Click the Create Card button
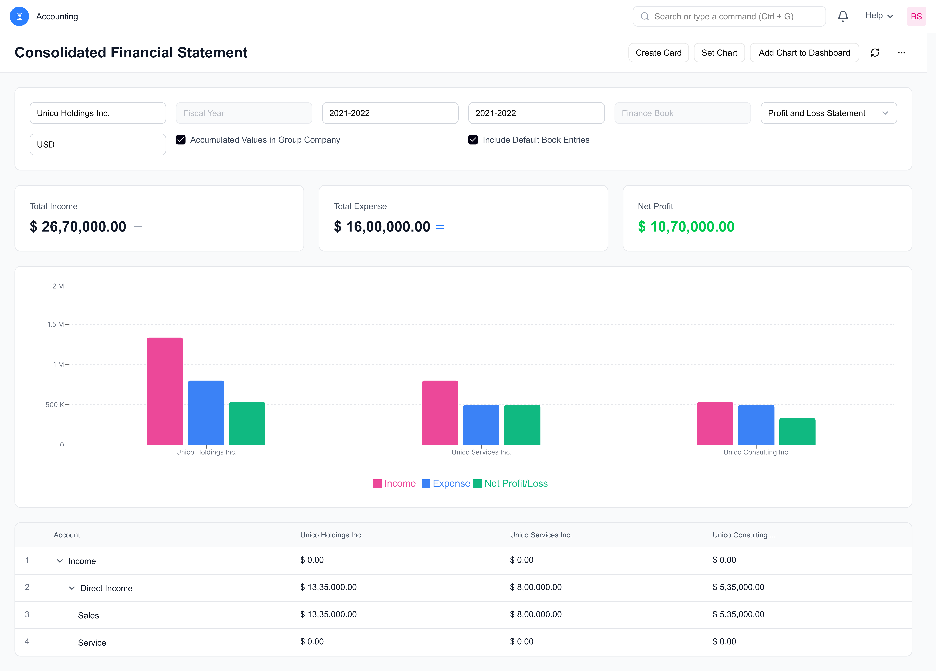(x=658, y=53)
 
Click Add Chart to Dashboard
(x=804, y=53)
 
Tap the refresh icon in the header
(x=875, y=53)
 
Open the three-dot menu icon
(x=901, y=53)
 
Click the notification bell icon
(x=843, y=16)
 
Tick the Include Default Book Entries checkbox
(x=473, y=140)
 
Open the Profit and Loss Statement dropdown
(x=828, y=113)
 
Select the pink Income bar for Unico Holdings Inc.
(x=165, y=391)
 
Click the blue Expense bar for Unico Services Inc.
(x=481, y=425)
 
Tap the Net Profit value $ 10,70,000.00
(x=686, y=227)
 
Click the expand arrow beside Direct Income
(x=72, y=588)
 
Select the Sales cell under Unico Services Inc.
(x=536, y=614)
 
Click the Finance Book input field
(x=682, y=113)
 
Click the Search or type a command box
(x=729, y=16)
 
